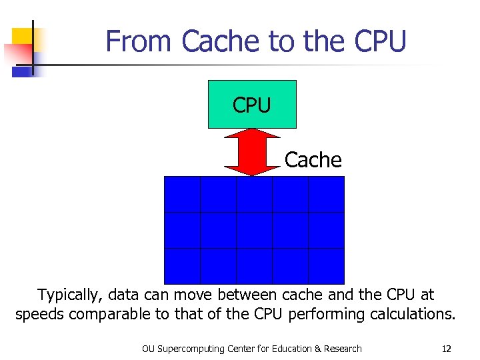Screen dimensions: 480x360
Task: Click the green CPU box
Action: click(x=252, y=104)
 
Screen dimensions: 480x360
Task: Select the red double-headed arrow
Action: click(x=251, y=152)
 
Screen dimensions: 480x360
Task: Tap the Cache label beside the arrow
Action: click(x=313, y=160)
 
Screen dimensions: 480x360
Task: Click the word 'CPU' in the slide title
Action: click(x=380, y=41)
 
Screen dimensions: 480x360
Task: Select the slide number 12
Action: click(x=446, y=349)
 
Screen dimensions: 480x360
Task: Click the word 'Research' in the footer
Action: click(x=341, y=349)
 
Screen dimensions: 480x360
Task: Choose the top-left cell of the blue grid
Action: click(x=183, y=194)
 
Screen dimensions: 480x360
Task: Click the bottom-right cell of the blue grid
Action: click(x=326, y=266)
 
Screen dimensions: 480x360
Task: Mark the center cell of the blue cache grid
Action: click(x=254, y=230)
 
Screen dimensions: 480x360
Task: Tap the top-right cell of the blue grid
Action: click(x=326, y=194)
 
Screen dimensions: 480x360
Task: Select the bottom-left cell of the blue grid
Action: click(x=183, y=266)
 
